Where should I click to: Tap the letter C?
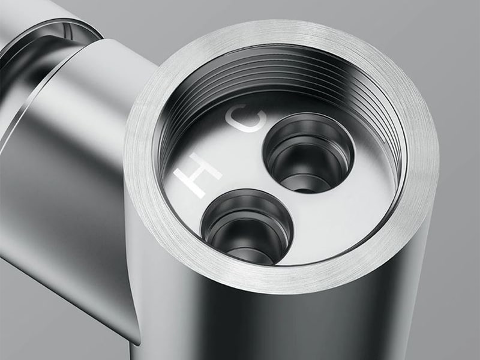247,118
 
